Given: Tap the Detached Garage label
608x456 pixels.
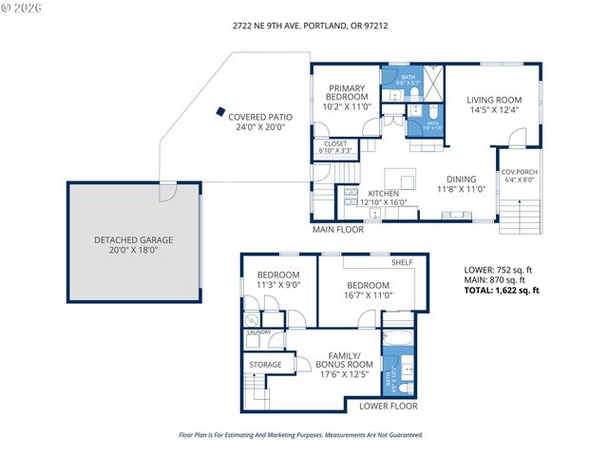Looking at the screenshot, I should pyautogui.click(x=134, y=244).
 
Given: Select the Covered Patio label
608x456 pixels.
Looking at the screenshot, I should pyautogui.click(x=259, y=122).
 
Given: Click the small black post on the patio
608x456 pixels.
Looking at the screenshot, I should pyautogui.click(x=221, y=109).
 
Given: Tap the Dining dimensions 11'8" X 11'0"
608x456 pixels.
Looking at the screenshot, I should pyautogui.click(x=462, y=189).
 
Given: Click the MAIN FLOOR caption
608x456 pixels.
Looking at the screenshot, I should pyautogui.click(x=338, y=229).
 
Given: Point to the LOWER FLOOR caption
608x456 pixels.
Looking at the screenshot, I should pyautogui.click(x=389, y=406).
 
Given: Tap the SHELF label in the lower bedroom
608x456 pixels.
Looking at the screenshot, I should pyautogui.click(x=402, y=262).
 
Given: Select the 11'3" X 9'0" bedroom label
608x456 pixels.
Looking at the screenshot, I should pyautogui.click(x=278, y=280).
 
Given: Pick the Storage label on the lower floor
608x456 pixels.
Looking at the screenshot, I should pyautogui.click(x=266, y=364).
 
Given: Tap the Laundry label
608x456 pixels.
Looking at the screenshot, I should pyautogui.click(x=259, y=332).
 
